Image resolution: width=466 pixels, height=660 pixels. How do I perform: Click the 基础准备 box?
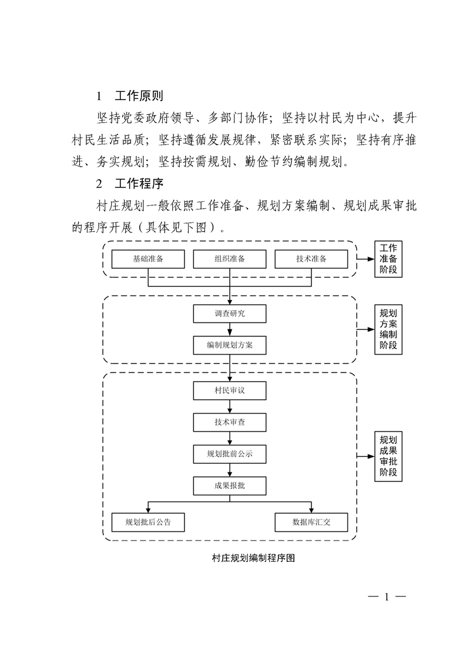point(148,259)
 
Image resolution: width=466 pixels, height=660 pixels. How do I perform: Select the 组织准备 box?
point(230,259)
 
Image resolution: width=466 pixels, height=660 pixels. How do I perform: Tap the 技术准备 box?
point(311,259)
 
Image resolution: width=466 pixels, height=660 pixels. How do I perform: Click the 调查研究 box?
point(230,314)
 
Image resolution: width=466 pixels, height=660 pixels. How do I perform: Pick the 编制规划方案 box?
point(230,345)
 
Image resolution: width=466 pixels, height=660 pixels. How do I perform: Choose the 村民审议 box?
point(230,391)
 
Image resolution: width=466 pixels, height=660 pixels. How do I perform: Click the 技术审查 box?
point(230,422)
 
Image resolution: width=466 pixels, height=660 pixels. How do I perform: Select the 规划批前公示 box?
point(230,454)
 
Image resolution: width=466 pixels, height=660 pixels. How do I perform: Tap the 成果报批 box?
point(230,486)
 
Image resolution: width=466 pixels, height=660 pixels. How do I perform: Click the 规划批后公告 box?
point(148,522)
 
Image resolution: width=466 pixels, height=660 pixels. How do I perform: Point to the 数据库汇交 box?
point(311,522)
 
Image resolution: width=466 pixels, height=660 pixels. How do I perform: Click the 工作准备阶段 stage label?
point(388,259)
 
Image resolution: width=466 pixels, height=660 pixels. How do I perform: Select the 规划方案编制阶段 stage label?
point(388,329)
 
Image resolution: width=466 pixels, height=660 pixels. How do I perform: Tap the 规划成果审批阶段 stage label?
point(388,456)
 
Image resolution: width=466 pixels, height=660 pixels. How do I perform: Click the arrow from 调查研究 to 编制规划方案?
point(230,329)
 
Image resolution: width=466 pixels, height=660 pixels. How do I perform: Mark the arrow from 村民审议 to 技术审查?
point(230,406)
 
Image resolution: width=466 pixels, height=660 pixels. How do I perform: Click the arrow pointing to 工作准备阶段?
point(366,259)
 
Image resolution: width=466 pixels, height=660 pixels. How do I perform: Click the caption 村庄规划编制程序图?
point(253,558)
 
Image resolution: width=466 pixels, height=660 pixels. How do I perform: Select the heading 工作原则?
point(139,96)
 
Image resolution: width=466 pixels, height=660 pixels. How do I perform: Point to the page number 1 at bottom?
point(386,597)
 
